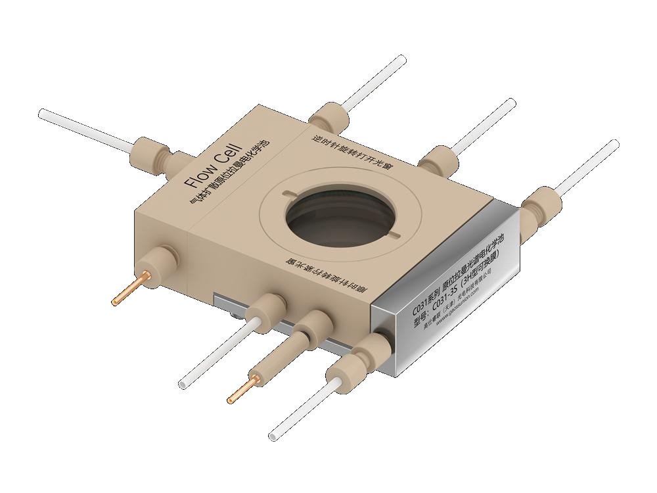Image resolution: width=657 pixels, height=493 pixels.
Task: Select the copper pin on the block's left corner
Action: [x=129, y=290]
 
